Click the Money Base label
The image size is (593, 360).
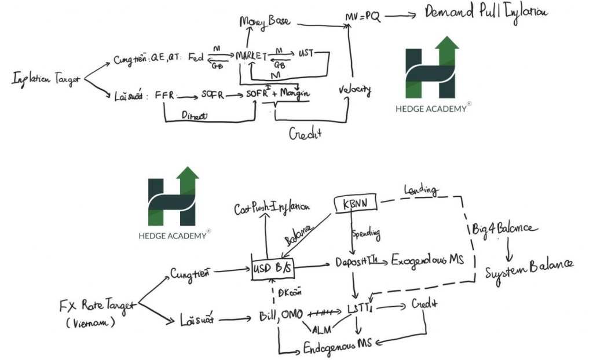[x=265, y=22]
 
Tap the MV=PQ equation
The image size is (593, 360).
[x=363, y=17]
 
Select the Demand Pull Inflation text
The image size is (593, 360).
[x=486, y=12]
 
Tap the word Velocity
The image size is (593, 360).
[x=354, y=90]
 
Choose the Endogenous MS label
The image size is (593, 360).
[x=339, y=347]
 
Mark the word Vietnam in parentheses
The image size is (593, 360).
[x=89, y=322]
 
